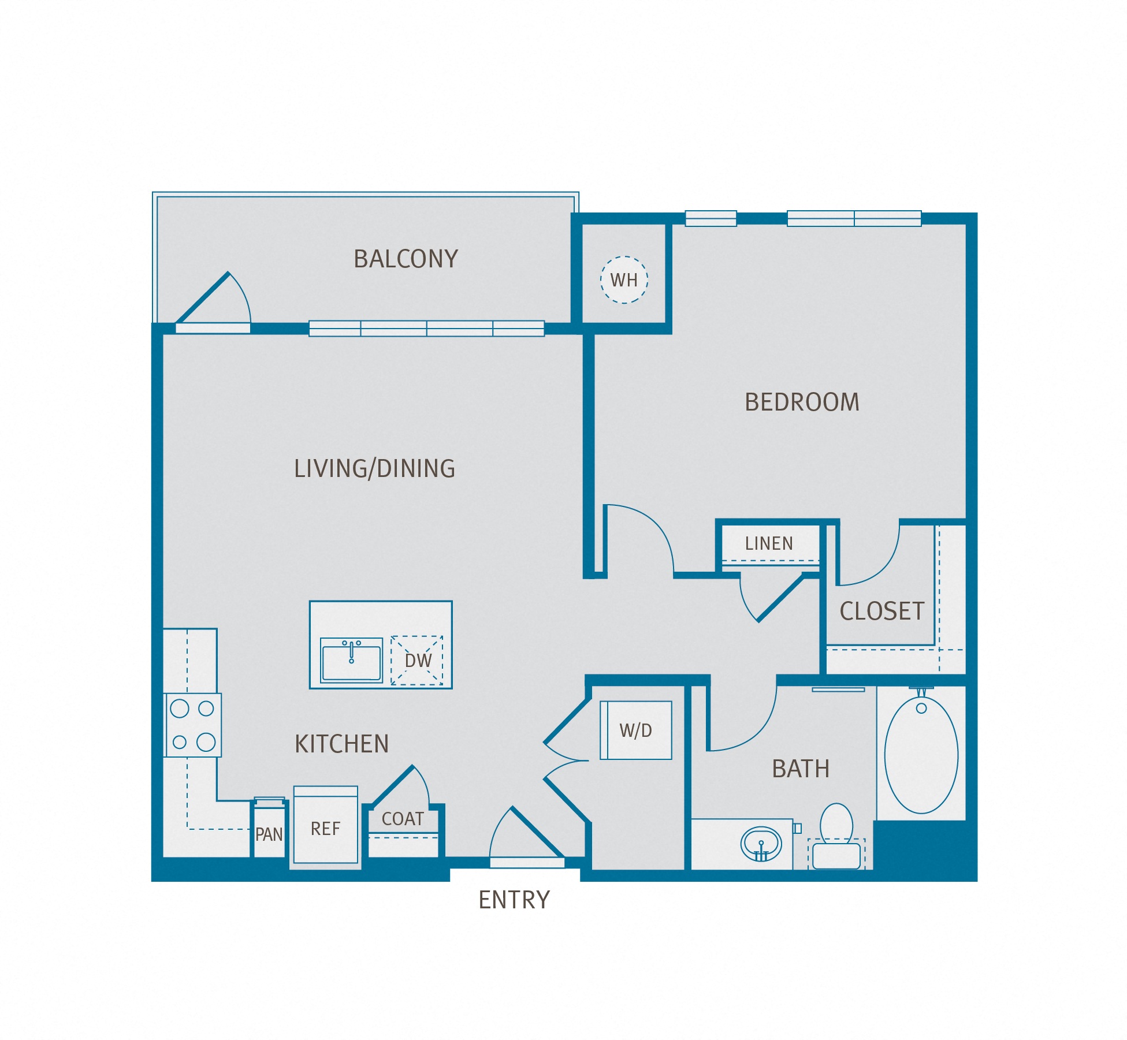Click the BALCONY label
(x=406, y=259)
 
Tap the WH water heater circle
(x=624, y=279)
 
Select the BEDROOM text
(x=801, y=402)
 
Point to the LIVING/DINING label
(x=374, y=468)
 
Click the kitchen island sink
(x=351, y=660)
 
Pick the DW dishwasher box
(x=417, y=661)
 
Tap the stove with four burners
(x=193, y=725)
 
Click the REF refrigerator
(x=326, y=829)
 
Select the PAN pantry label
(x=269, y=834)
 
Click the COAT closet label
(x=403, y=819)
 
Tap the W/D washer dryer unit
(x=635, y=730)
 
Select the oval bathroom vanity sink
(x=761, y=844)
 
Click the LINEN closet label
(x=768, y=543)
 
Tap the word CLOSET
(x=881, y=611)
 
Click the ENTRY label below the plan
(x=514, y=900)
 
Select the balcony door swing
(x=220, y=300)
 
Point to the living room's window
(x=426, y=329)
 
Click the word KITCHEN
(x=341, y=744)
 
